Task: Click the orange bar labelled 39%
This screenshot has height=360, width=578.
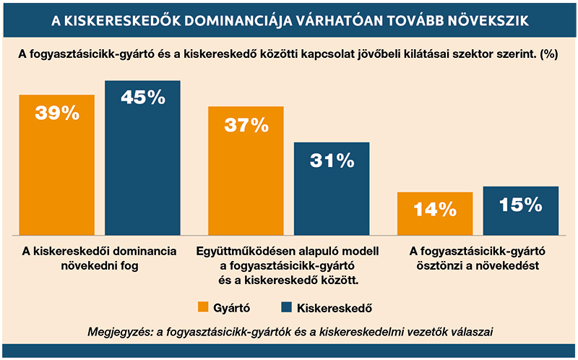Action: [57, 165]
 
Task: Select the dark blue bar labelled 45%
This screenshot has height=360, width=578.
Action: [142, 158]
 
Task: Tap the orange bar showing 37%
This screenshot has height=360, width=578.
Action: [246, 171]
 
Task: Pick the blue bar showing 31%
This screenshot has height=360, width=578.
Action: [332, 189]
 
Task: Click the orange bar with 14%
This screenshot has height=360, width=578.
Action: [435, 213]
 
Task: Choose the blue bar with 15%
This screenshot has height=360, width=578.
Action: [521, 210]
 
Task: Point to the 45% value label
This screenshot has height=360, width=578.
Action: [143, 98]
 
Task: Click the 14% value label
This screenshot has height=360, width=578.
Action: [435, 210]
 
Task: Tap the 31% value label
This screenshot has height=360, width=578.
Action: [332, 160]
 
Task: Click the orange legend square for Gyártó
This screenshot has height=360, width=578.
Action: [203, 307]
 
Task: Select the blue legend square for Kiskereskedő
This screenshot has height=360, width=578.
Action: [286, 307]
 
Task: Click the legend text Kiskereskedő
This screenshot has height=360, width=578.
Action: [335, 308]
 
